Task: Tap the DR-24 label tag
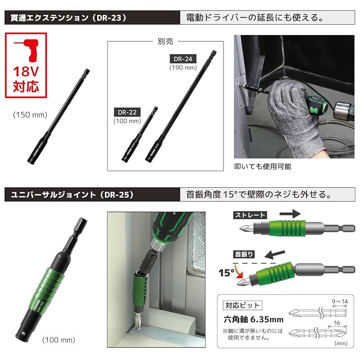click(x=184, y=58)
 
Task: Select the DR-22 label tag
click(x=127, y=112)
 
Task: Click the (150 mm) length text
click(x=30, y=115)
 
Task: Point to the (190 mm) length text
click(x=184, y=67)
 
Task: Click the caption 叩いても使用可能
click(x=263, y=166)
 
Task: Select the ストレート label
click(x=250, y=215)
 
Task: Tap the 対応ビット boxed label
click(x=242, y=306)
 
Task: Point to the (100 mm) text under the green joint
click(x=58, y=339)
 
